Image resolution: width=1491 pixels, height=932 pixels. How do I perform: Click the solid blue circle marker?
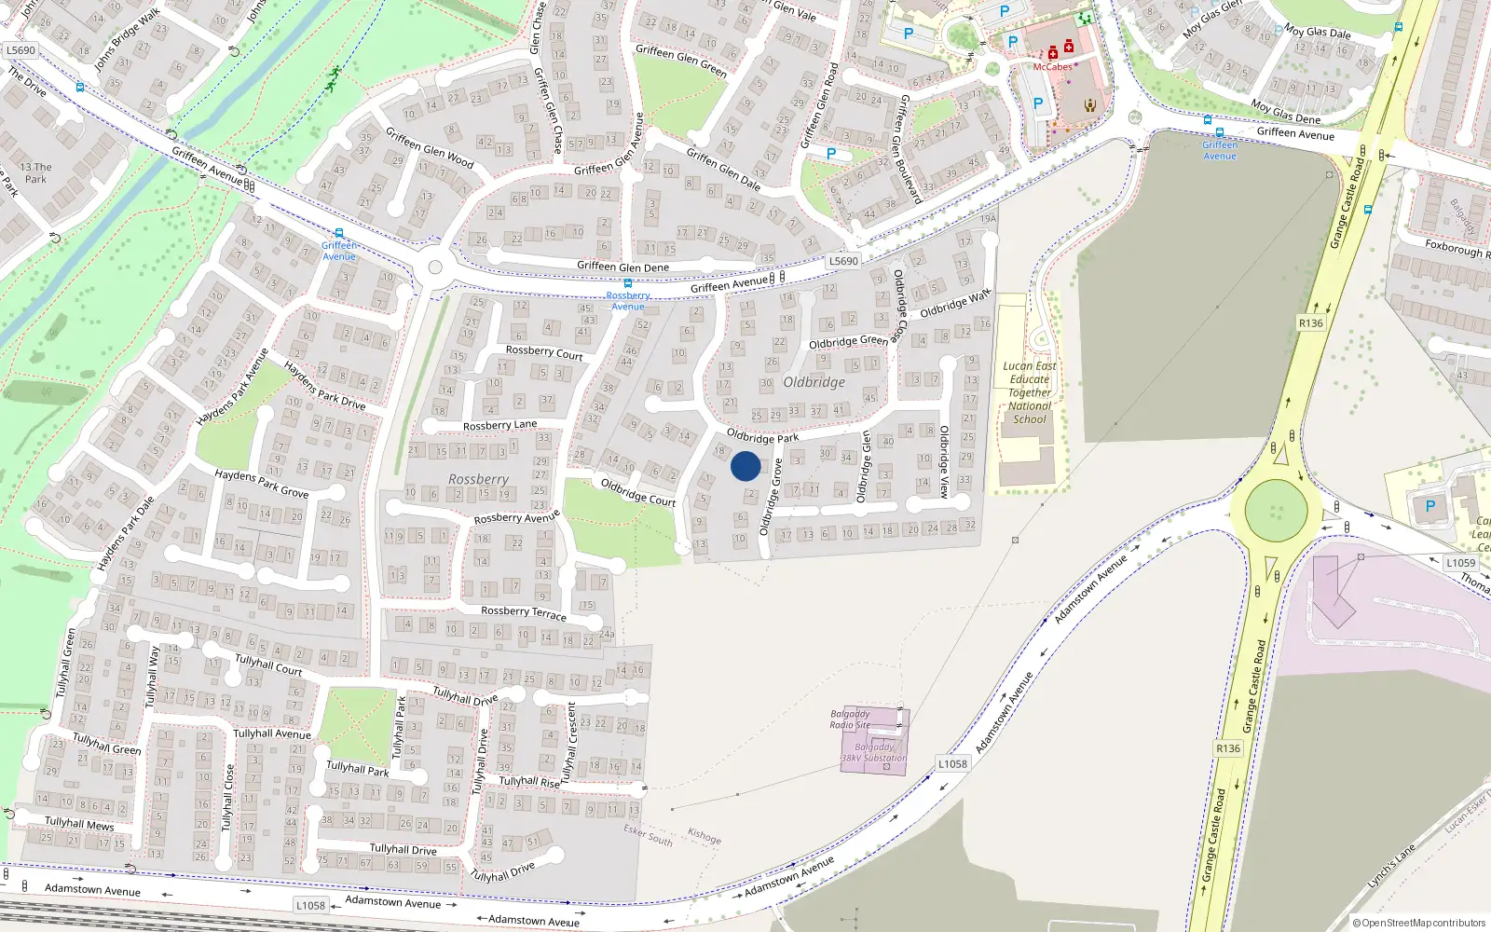(745, 466)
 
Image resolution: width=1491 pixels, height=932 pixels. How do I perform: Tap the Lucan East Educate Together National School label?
(1030, 392)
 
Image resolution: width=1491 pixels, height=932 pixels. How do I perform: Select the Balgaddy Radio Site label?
(850, 720)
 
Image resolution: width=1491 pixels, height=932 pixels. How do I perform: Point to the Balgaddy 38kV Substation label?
(874, 752)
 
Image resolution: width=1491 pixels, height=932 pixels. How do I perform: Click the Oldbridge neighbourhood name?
(814, 382)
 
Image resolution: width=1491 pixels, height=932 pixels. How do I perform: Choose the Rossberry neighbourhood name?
(478, 479)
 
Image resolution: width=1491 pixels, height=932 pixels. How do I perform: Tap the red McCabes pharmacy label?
(1052, 67)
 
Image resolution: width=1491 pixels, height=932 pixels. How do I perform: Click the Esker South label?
(648, 834)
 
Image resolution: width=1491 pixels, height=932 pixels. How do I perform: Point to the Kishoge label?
(704, 836)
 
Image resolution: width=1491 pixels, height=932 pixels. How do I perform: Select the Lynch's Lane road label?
(1391, 867)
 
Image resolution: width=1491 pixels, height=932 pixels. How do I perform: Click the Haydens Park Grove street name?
(261, 484)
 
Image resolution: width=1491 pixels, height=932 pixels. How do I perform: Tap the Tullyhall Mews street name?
(79, 824)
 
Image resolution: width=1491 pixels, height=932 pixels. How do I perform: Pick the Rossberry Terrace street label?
(524, 612)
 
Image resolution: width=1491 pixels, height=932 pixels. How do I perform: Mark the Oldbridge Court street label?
(638, 492)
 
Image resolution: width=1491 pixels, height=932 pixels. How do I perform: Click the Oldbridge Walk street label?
(955, 304)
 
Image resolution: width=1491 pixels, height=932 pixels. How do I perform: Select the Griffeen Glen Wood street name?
(430, 148)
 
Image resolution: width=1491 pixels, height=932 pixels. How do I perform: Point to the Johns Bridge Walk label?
(127, 40)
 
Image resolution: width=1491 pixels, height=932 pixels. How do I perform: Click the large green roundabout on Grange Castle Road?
(1276, 511)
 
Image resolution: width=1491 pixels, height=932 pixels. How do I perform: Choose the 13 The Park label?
(35, 173)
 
